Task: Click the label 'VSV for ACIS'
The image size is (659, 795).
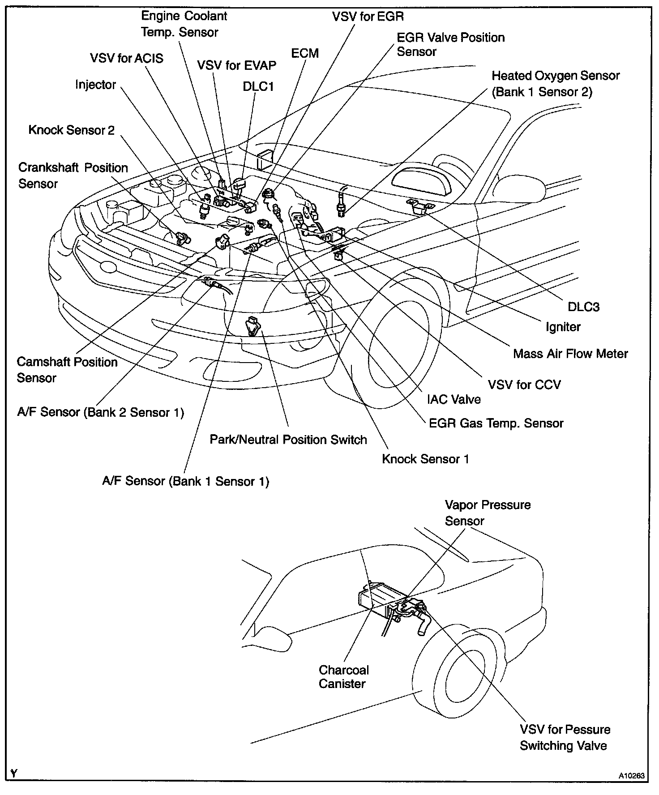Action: coord(127,58)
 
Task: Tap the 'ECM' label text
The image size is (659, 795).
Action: coord(305,53)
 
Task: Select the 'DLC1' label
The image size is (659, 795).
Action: coord(258,86)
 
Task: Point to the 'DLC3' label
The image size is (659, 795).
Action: coord(583,307)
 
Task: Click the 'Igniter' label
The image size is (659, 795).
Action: coord(563,327)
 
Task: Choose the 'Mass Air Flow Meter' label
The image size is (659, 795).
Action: coord(570,354)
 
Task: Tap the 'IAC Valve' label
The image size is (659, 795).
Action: coord(454,399)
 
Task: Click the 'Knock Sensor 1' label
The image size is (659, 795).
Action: coord(425,459)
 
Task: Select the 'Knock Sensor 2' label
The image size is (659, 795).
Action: coord(72,130)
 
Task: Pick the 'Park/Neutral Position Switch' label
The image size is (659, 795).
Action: coord(288,440)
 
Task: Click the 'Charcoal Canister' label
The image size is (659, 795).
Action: coord(343,676)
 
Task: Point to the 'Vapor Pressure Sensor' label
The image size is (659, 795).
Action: coord(488,513)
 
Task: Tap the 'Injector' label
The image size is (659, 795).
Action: coord(96,85)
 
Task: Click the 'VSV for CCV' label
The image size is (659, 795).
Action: coord(524,385)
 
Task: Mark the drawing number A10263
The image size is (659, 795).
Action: coord(633,776)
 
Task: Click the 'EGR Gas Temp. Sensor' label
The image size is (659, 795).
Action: coord(496,423)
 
